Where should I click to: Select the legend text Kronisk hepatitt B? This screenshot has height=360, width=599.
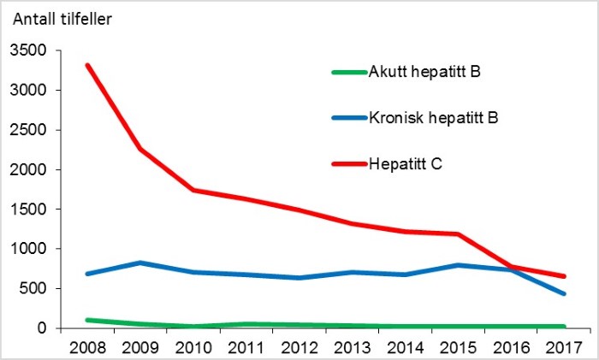[433, 117]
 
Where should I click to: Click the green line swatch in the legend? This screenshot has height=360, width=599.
[348, 72]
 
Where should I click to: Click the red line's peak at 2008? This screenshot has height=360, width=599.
[88, 66]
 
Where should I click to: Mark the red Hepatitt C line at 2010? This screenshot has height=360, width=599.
[194, 190]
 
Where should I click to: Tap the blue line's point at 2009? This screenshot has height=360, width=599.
[141, 263]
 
